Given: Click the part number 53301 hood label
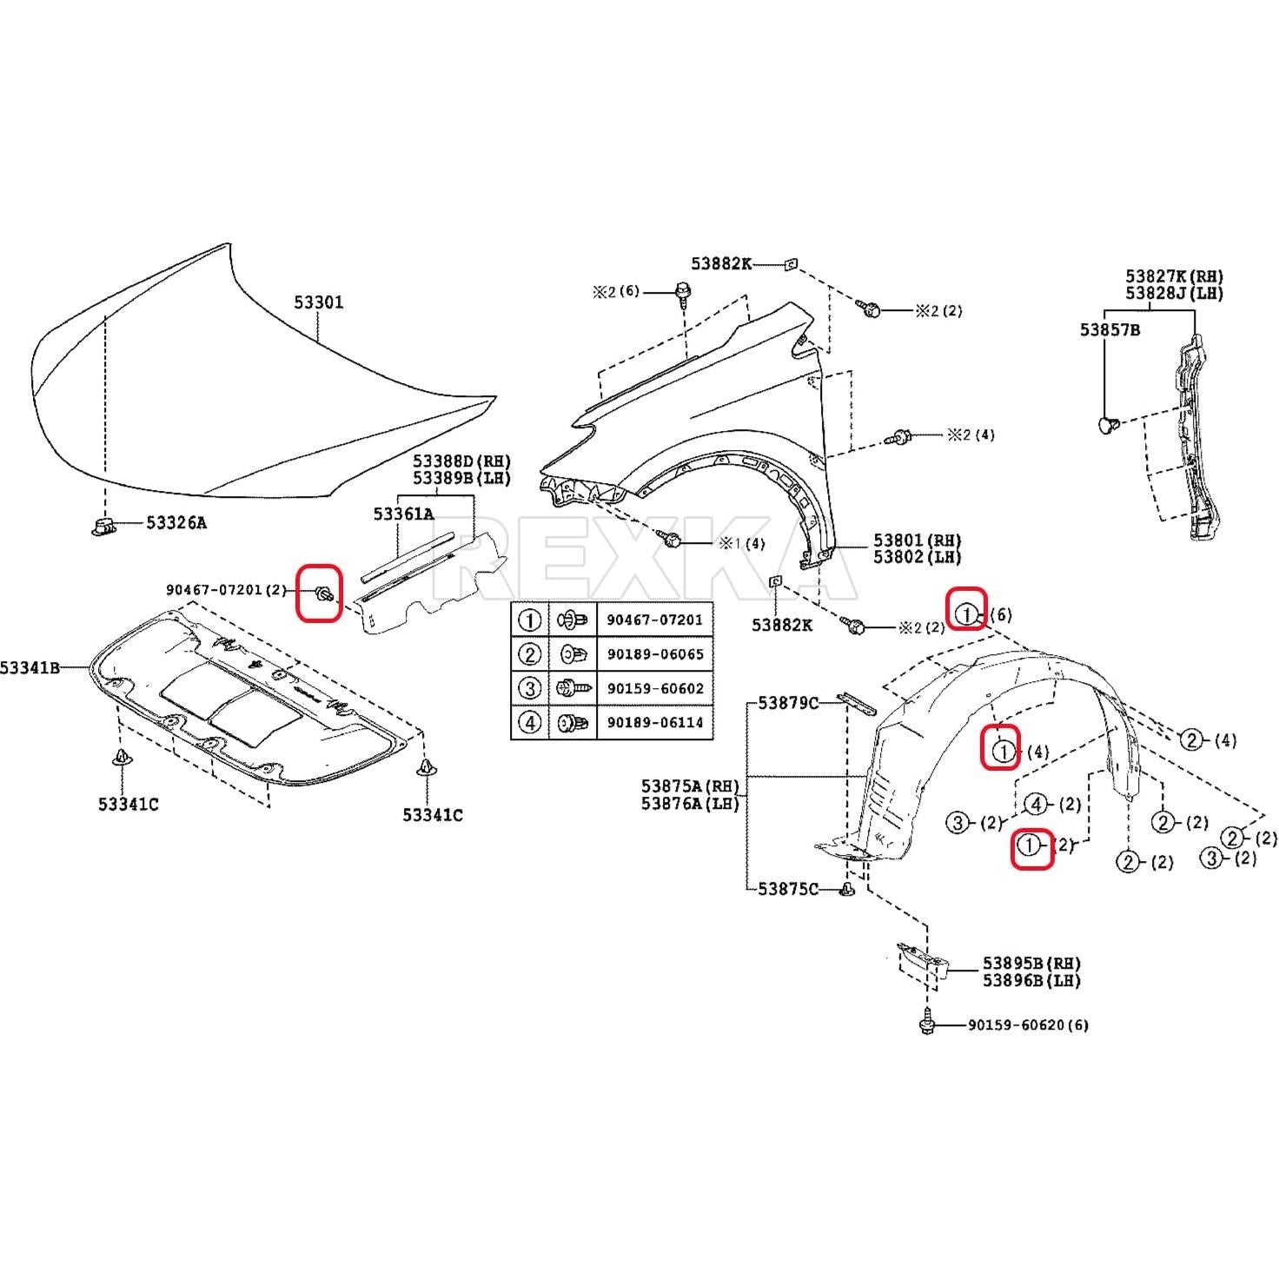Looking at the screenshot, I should tap(318, 302).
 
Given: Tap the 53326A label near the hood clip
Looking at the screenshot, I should tap(176, 523).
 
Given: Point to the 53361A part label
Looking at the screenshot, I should tap(403, 514).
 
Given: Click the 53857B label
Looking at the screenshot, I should tap(1110, 330).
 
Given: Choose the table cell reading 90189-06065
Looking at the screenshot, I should tap(654, 654).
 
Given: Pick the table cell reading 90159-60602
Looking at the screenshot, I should tap(654, 688).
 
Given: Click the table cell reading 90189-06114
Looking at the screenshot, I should tap(654, 722).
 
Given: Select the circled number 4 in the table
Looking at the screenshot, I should tap(529, 722).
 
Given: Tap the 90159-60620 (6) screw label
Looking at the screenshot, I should tap(1028, 1025).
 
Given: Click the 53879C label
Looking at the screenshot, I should tap(787, 702).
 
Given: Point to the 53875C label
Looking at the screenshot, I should tap(787, 889).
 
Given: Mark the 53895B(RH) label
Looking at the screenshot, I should tap(1031, 964).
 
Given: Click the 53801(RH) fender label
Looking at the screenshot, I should tap(918, 540).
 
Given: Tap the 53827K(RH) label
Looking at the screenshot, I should tap(1174, 276).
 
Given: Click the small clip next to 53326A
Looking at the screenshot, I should tap(104, 525).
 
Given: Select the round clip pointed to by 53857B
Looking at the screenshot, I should tap(1105, 425).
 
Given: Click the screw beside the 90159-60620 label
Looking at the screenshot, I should tap(927, 1025).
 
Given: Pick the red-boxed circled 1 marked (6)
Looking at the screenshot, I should tap(967, 614).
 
